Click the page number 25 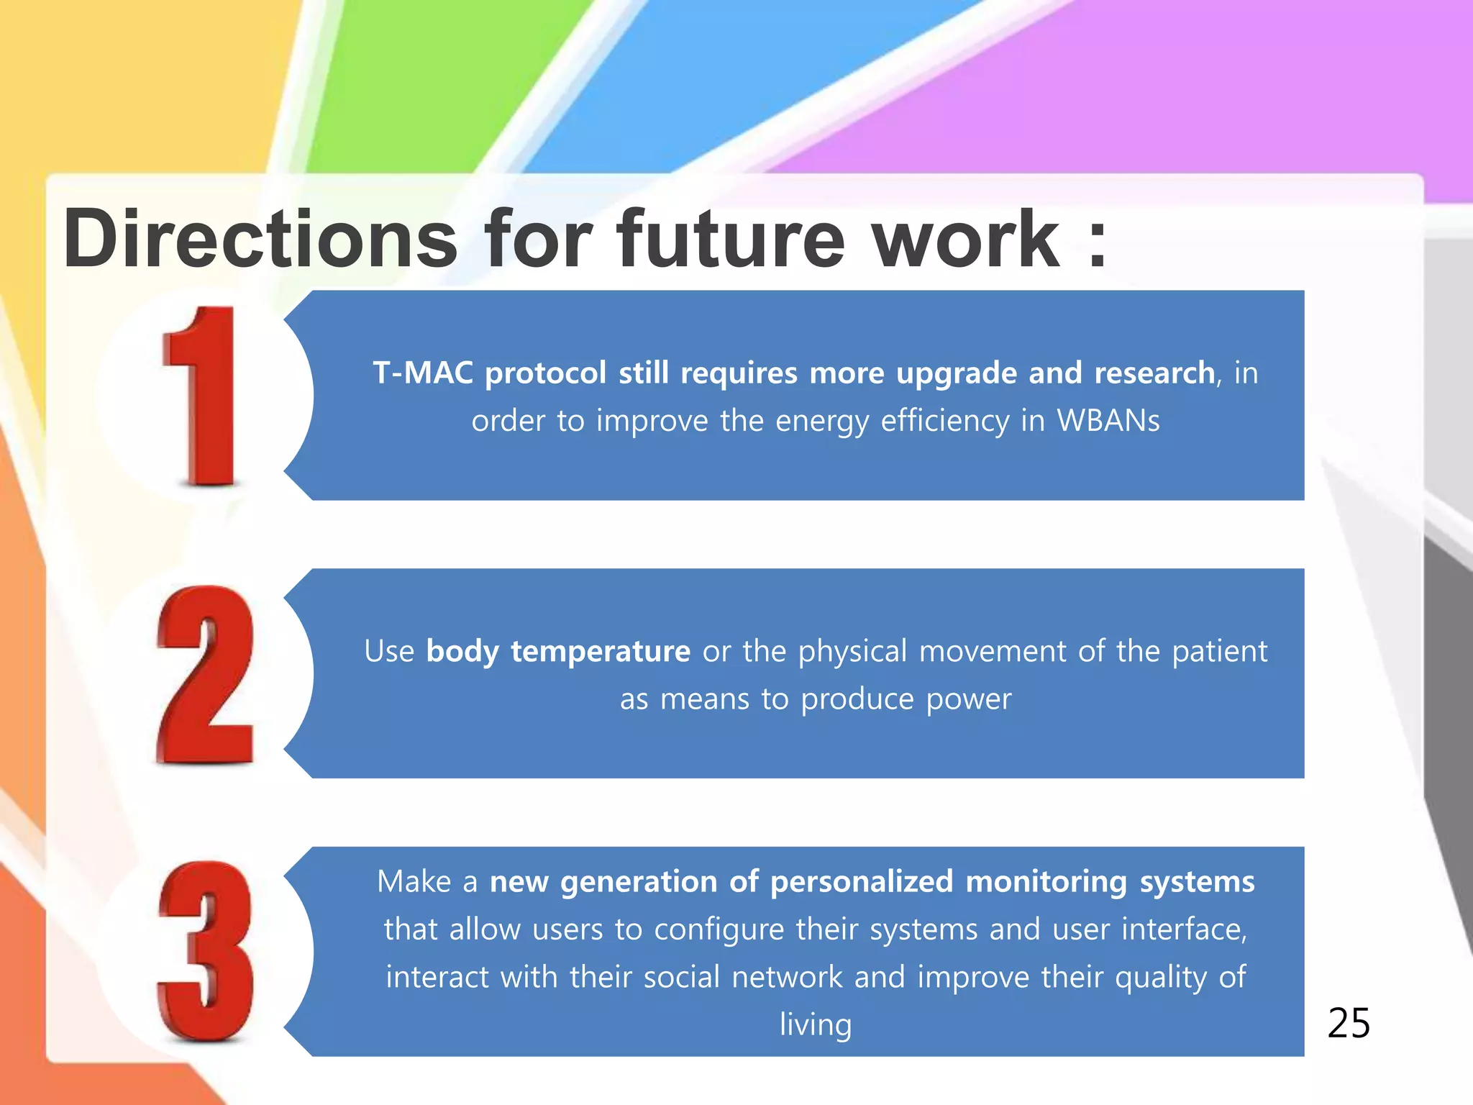1349,1023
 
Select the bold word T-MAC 423,373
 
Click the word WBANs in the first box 1108,421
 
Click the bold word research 1154,373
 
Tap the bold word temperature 601,652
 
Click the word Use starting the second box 389,652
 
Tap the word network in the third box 787,978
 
